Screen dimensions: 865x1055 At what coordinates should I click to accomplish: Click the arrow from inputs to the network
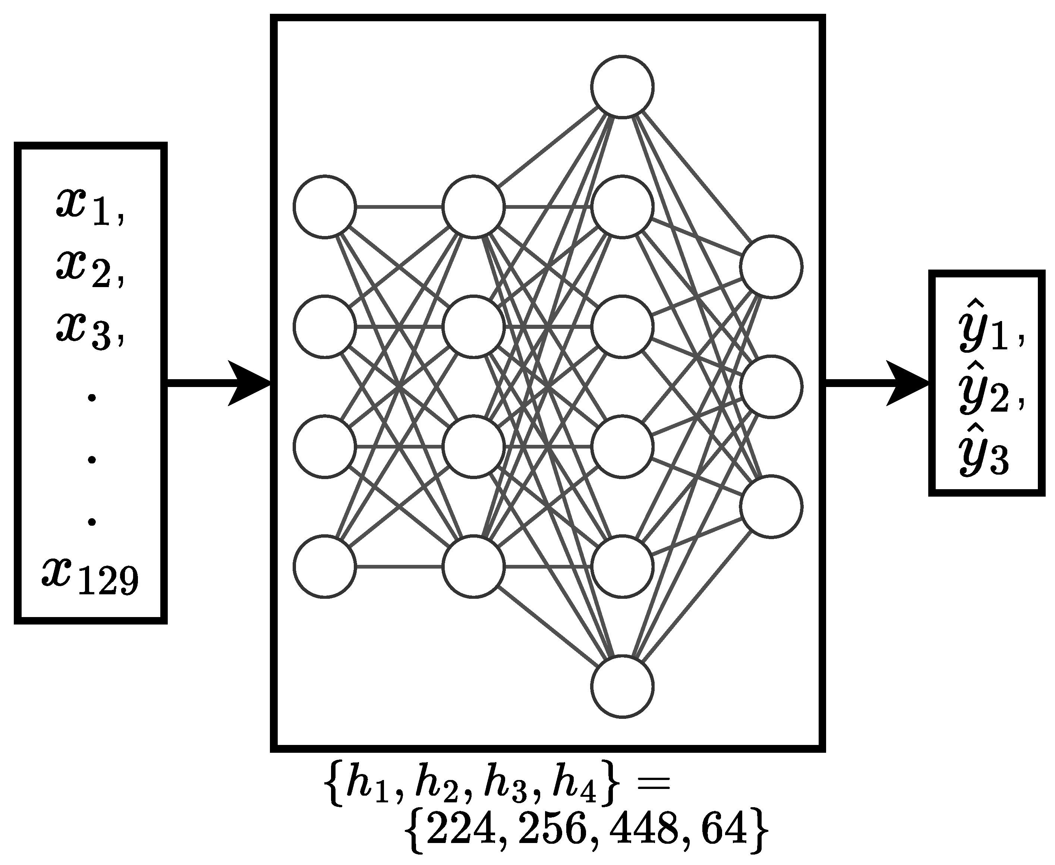(219, 383)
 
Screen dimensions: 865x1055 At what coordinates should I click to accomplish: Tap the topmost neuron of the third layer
(622, 87)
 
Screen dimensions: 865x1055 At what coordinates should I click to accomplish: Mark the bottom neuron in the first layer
(325, 566)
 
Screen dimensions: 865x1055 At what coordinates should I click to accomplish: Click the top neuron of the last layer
(771, 267)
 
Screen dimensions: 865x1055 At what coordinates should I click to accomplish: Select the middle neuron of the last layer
(771, 386)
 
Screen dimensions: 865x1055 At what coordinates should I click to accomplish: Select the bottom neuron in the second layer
(473, 566)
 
